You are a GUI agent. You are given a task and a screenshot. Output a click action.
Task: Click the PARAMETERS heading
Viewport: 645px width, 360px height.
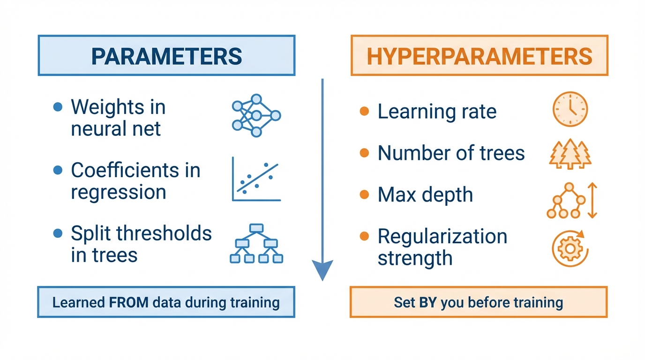pos(166,56)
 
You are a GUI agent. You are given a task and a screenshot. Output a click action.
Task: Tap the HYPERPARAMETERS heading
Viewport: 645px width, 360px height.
pos(480,56)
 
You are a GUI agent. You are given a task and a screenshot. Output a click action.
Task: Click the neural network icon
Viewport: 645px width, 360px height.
pos(256,115)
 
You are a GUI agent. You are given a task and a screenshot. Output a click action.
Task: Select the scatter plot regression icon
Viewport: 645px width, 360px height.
pos(256,179)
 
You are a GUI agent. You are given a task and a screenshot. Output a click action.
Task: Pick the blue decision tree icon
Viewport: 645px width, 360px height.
pos(256,243)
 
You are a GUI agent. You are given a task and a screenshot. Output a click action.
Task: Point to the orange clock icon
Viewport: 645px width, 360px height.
pos(570,109)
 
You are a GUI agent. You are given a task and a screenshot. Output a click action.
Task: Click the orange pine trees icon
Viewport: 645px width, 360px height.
pos(570,154)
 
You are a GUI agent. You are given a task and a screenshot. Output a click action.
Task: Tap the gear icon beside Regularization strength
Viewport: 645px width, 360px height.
pos(570,248)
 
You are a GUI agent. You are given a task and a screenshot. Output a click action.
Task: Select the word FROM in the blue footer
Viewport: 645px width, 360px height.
pos(129,302)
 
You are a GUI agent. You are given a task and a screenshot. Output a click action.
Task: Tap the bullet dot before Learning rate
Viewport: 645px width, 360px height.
pos(364,111)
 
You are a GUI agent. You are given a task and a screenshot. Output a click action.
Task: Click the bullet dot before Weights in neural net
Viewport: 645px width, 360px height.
pos(58,107)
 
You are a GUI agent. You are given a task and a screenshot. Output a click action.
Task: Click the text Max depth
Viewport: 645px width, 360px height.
pos(425,195)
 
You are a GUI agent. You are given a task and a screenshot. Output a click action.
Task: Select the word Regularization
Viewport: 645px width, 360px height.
pos(442,236)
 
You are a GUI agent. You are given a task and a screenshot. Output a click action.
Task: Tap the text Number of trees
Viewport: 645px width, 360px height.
pos(451,153)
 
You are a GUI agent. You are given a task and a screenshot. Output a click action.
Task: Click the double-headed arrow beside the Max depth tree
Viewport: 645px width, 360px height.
pos(592,200)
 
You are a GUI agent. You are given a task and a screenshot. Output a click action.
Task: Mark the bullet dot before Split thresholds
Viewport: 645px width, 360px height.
pos(58,233)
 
